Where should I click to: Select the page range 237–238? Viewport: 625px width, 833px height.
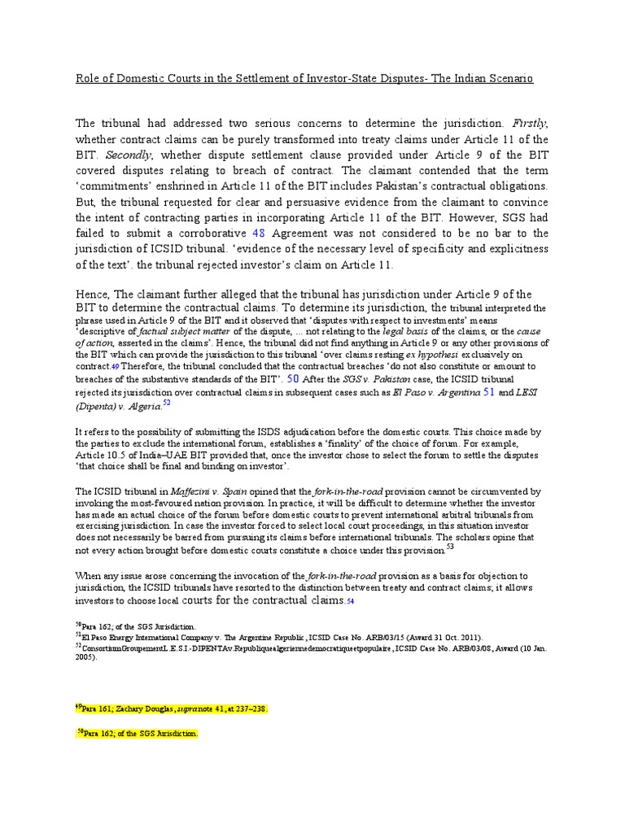click(x=246, y=709)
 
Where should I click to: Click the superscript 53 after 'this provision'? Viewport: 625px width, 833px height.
click(x=450, y=547)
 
